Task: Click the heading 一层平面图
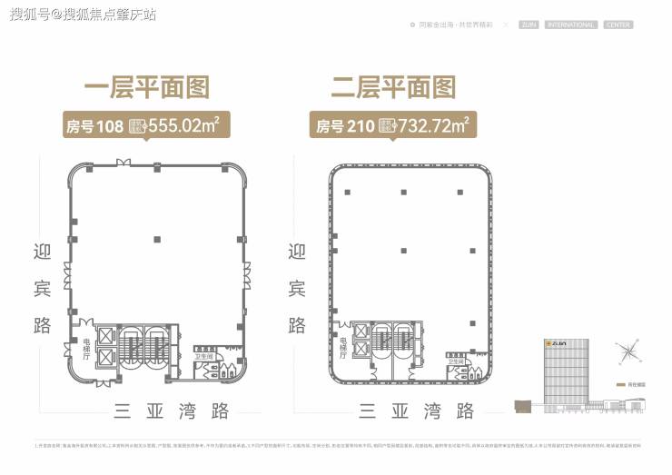[x=146, y=87]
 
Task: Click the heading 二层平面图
[x=392, y=87]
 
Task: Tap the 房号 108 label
[x=94, y=125]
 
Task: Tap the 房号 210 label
[x=343, y=125]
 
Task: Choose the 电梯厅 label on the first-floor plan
[x=87, y=348]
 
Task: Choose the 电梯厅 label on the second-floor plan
[x=343, y=348]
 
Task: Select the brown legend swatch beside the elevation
[x=620, y=384]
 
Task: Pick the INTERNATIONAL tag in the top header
[x=571, y=25]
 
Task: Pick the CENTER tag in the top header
[x=618, y=25]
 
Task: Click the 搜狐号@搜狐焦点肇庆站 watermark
[x=80, y=15]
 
